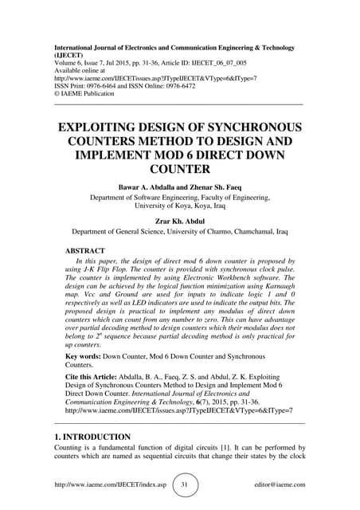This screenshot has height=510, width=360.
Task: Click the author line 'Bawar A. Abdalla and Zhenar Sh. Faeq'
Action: click(181, 186)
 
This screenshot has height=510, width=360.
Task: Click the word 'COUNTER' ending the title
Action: click(181, 168)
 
